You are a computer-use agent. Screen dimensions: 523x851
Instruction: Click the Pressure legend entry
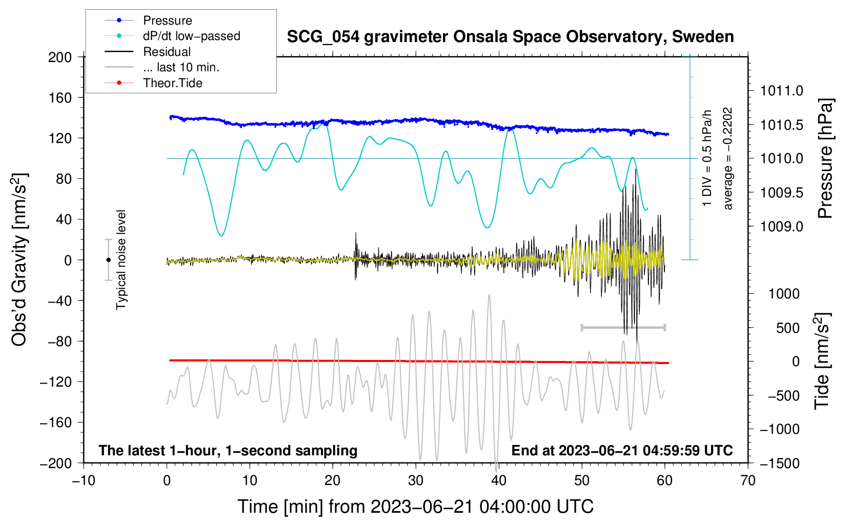167,21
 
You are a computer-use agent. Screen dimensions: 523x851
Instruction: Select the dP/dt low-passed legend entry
191,36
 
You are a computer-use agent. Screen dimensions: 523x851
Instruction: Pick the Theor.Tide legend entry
172,83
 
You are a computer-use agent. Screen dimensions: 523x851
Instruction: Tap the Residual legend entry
167,52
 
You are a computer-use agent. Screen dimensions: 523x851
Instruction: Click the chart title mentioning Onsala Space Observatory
510,37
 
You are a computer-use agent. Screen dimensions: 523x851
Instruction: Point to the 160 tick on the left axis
60,97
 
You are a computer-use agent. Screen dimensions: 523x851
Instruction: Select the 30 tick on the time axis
416,480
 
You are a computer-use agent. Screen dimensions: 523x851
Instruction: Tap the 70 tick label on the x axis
748,480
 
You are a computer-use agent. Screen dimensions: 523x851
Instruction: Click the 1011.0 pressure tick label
781,91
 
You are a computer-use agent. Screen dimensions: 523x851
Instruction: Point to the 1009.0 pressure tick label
781,227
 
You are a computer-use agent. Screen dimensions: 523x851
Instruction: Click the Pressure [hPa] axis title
825,158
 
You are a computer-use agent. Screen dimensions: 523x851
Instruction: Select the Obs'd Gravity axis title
19,260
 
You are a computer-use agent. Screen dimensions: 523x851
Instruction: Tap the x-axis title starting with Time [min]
415,507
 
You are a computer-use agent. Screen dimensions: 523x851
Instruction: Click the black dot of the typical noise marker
108,260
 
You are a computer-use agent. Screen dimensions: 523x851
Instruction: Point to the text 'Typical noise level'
121,260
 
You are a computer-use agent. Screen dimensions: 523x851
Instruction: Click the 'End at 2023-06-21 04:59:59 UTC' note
622,451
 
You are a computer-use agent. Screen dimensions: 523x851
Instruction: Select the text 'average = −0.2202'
728,158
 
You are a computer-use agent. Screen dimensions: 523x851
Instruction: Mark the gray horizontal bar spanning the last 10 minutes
623,327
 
